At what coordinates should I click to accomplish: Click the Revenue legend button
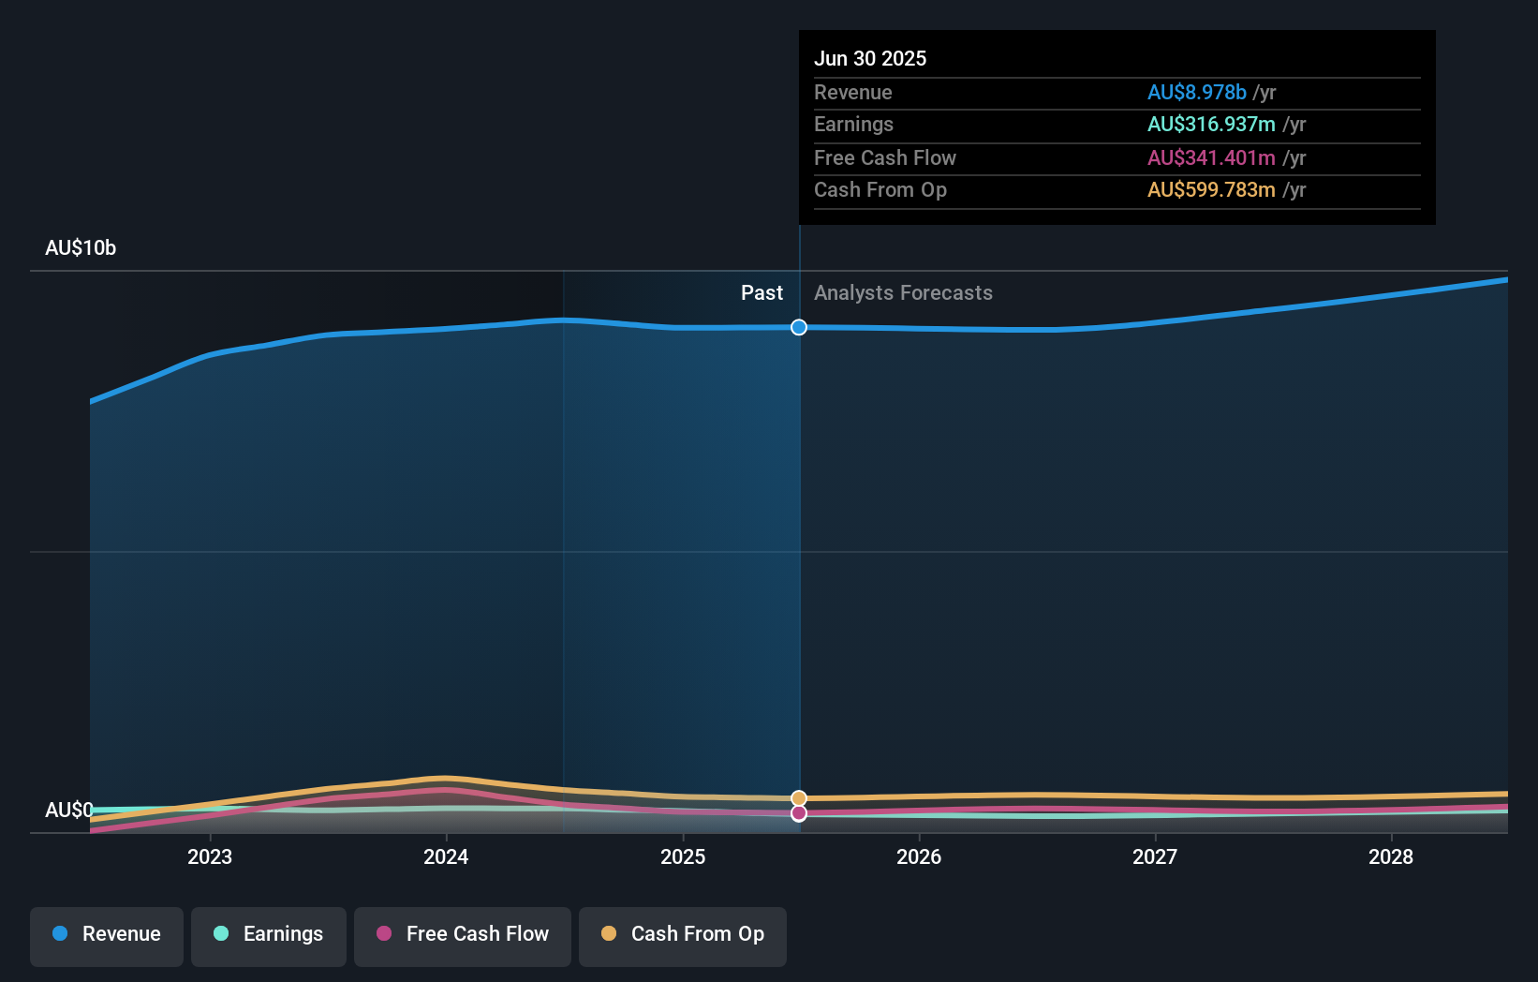[x=107, y=934]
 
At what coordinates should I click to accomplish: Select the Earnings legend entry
[x=269, y=934]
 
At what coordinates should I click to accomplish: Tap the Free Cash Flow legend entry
[x=463, y=934]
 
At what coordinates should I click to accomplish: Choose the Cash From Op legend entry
[x=683, y=934]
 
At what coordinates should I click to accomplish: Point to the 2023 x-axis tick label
[x=210, y=856]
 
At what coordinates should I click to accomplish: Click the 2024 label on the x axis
[x=446, y=856]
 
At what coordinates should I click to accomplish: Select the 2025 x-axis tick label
[x=683, y=856]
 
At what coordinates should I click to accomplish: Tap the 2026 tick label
[x=919, y=856]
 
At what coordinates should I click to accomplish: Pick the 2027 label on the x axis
[x=1155, y=856]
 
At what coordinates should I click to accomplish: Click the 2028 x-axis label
[x=1391, y=856]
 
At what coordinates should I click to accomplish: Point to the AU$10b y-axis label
[x=81, y=248]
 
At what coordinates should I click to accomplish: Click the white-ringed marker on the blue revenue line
[x=799, y=327]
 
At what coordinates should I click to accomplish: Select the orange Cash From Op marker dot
[x=799, y=798]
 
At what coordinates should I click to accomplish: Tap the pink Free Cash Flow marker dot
[x=799, y=813]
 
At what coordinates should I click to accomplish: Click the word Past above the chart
[x=762, y=293]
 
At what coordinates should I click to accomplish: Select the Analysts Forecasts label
[x=903, y=293]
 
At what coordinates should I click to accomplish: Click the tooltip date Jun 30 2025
[x=870, y=59]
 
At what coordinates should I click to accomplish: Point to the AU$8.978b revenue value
[x=1196, y=93]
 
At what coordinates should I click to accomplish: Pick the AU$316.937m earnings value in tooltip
[x=1211, y=125]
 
